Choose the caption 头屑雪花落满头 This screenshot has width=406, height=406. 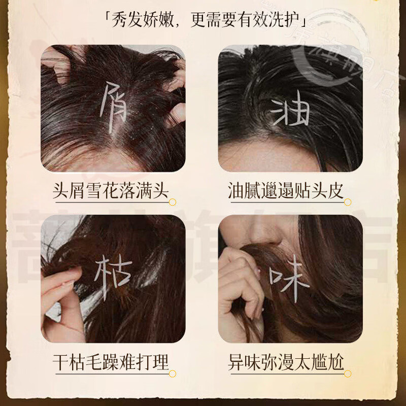click(x=111, y=191)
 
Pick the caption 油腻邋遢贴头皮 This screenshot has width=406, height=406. click(x=286, y=191)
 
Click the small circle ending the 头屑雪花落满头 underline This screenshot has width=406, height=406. click(x=173, y=202)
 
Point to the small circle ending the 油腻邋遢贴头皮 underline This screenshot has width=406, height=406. click(x=348, y=202)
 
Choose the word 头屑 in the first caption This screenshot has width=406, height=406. click(x=70, y=191)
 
